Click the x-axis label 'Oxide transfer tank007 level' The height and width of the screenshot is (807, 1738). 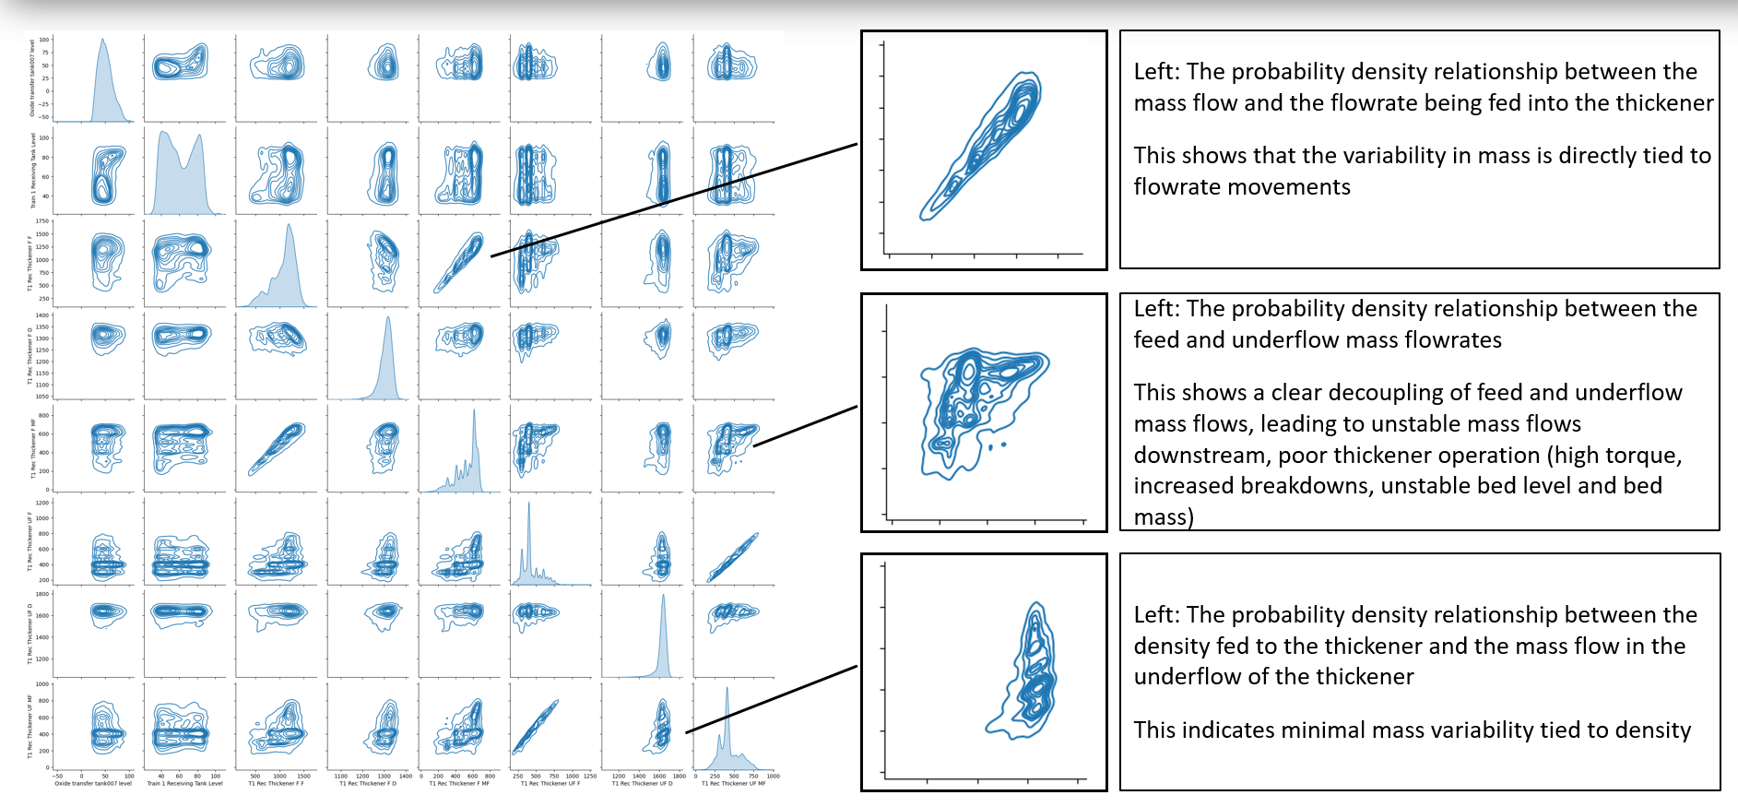pos(93,784)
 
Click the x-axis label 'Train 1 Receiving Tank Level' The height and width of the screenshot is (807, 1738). pos(184,784)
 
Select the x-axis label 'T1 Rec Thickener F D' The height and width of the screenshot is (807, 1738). pos(368,784)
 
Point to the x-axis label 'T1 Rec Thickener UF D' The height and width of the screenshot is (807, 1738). pos(643,784)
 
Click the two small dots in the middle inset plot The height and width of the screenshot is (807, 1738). pos(997,446)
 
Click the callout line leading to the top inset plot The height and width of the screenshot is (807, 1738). pos(673,199)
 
